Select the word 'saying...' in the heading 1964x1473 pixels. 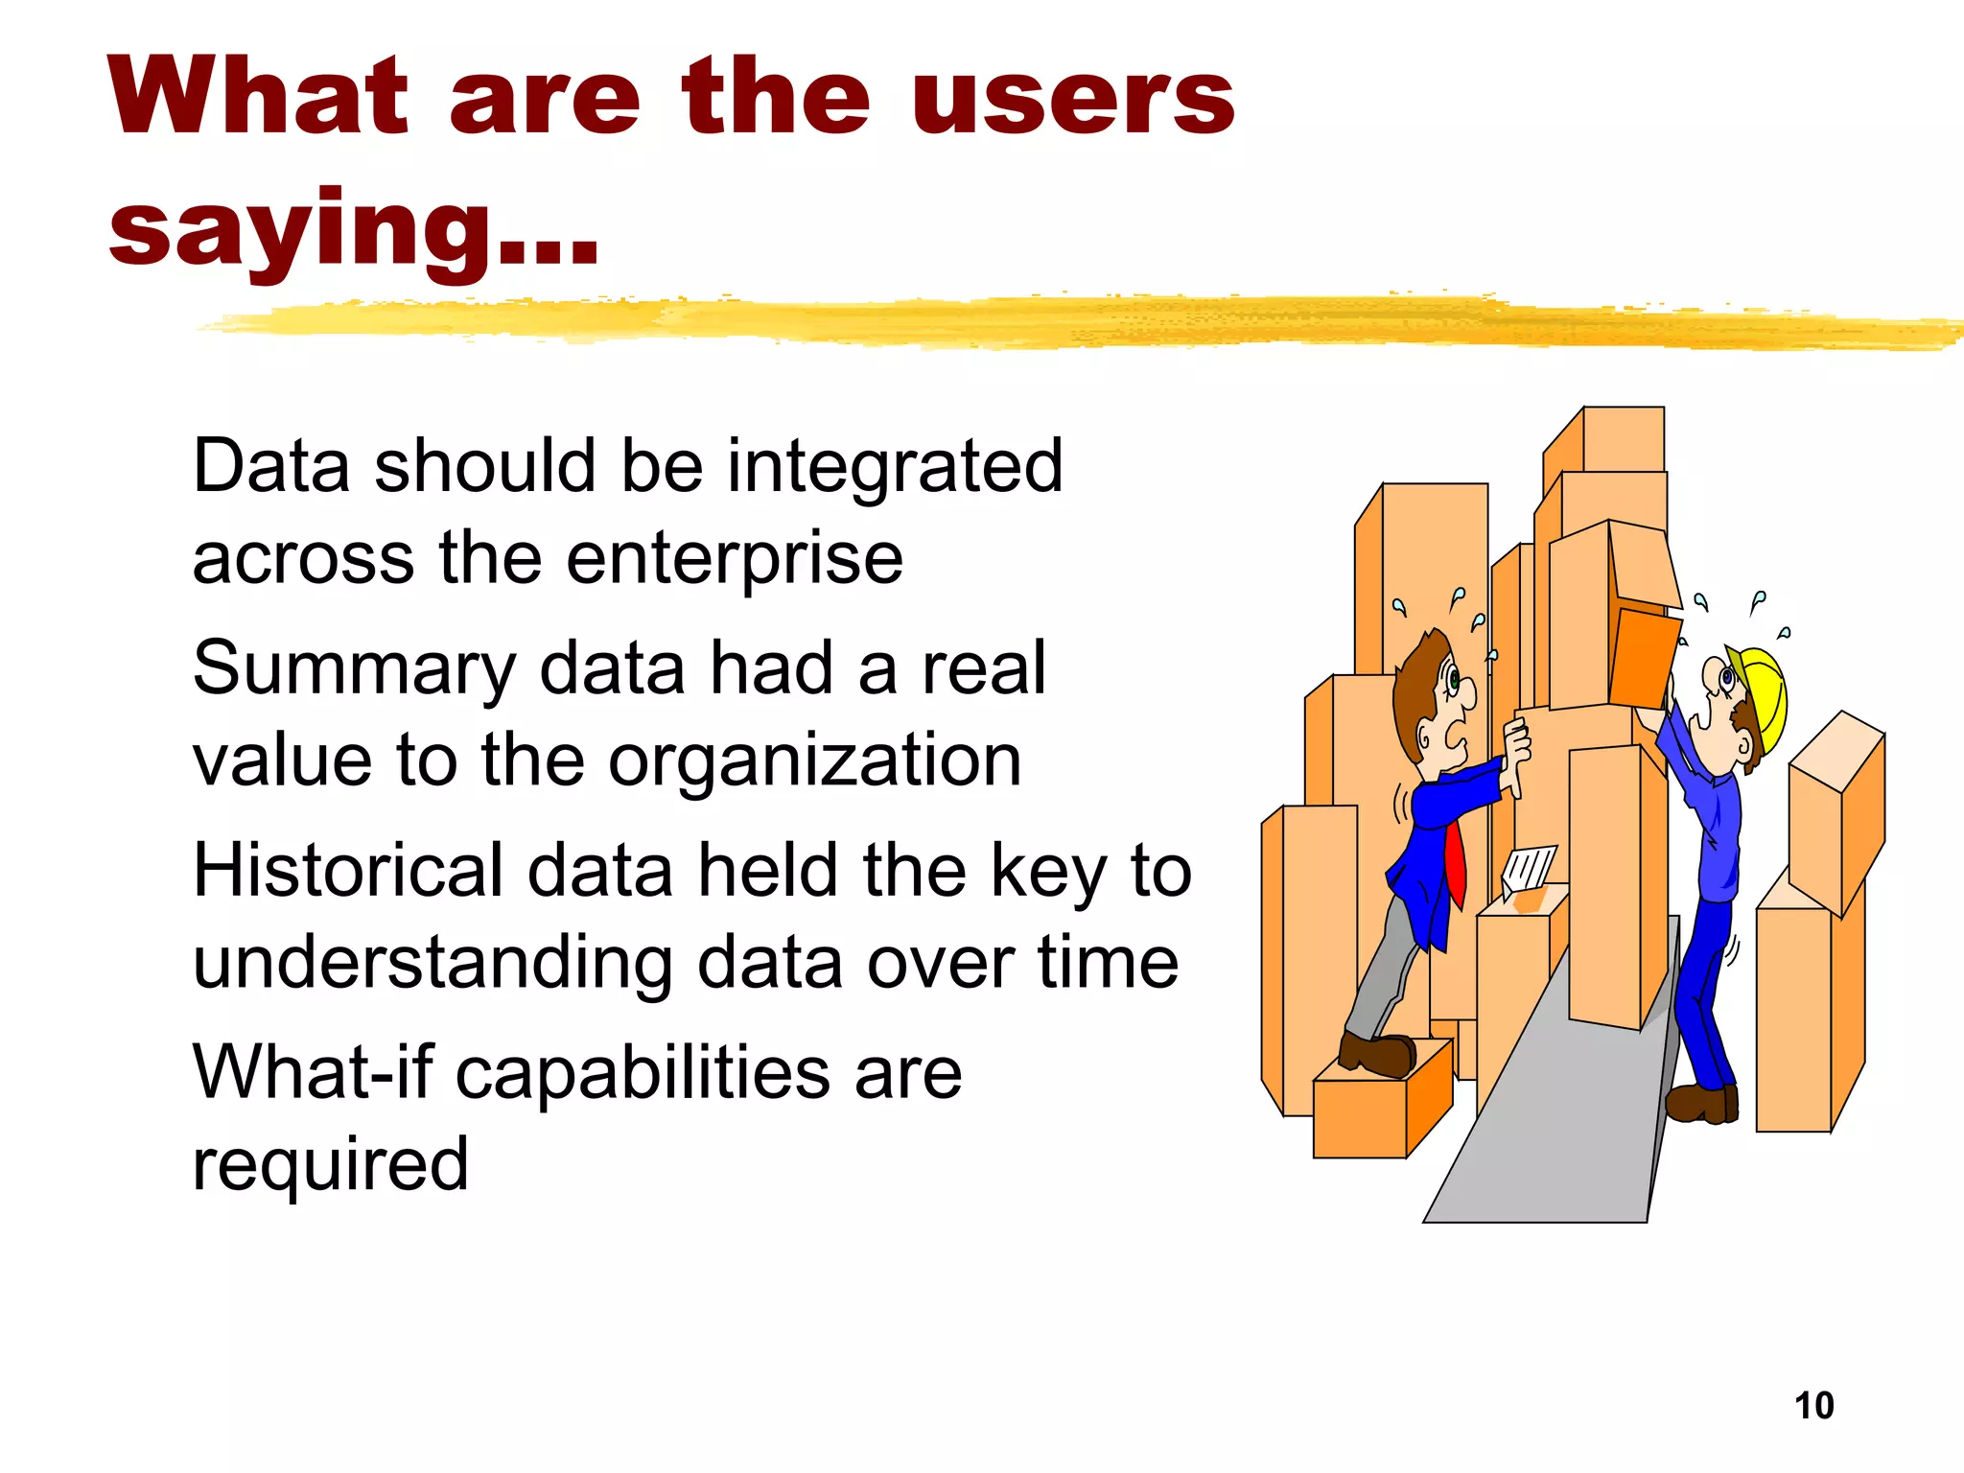coord(353,230)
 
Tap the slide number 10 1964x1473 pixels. coord(1813,1406)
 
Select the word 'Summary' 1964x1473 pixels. coord(354,669)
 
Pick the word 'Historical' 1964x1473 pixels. coord(348,871)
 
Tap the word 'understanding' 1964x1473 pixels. coord(433,963)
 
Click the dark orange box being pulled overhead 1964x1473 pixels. coord(1644,659)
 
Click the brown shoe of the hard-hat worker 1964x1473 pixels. coord(1701,1103)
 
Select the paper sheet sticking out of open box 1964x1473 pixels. coord(1529,867)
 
